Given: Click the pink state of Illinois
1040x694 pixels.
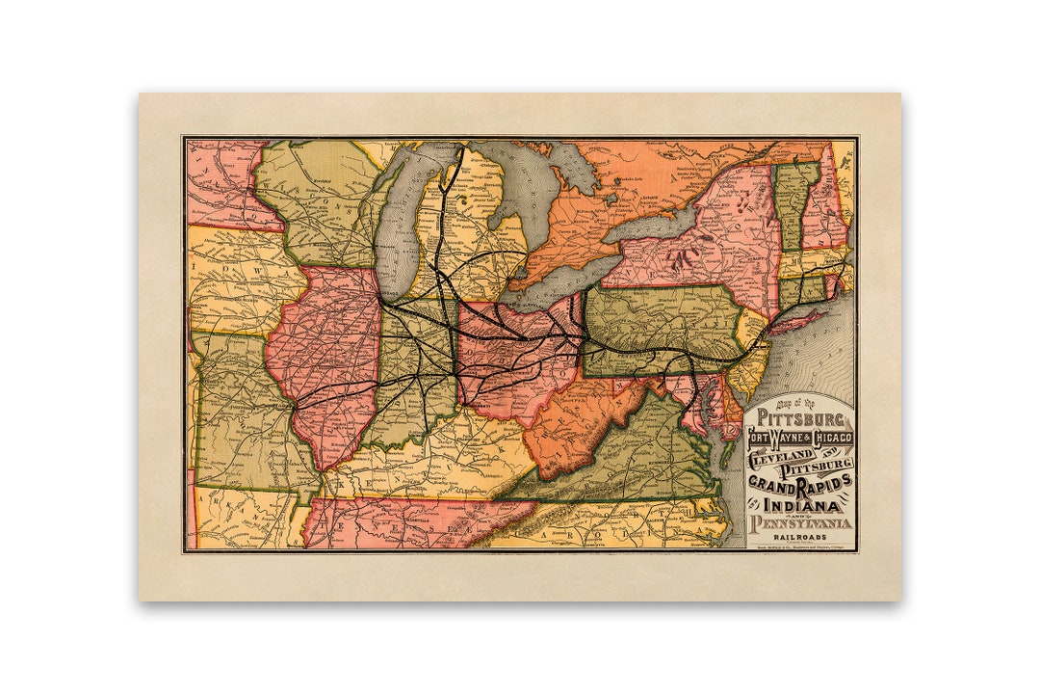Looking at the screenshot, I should tap(323, 357).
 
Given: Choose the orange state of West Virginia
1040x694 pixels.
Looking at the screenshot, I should tap(568, 429).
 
